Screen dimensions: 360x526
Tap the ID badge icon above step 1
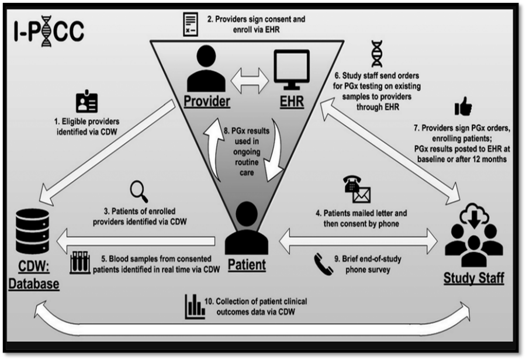point(86,102)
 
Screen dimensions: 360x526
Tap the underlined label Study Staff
point(474,278)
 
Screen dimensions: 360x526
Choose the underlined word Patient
point(245,264)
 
